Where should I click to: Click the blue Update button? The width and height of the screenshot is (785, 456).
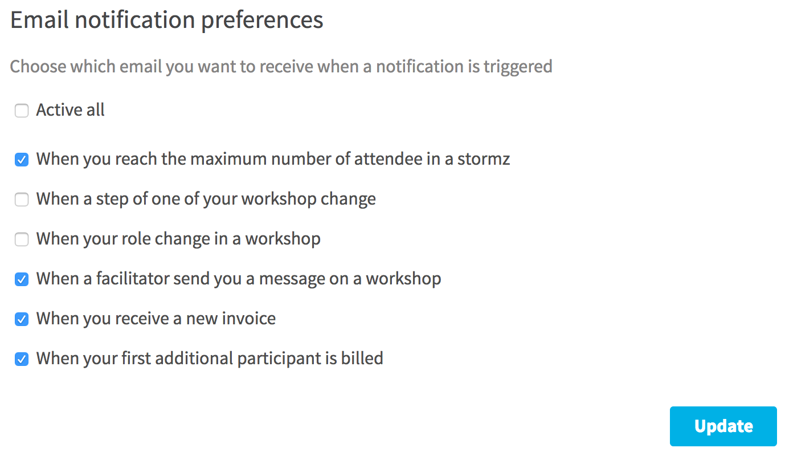point(723,426)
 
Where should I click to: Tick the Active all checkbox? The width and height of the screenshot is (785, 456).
point(22,111)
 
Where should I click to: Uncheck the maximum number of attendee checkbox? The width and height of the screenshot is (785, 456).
point(22,160)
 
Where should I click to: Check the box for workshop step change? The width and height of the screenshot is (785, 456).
point(22,199)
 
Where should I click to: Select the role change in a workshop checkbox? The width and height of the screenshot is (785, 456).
point(22,239)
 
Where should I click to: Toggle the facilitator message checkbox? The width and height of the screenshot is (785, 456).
point(22,279)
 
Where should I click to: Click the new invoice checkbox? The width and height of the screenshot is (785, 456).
point(22,319)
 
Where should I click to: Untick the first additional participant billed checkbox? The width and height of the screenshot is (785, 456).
point(22,359)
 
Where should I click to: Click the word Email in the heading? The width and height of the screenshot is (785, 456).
point(39,19)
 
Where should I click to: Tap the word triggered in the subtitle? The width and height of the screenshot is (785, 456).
point(518,67)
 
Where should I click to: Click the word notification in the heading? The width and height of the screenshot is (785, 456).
point(135,19)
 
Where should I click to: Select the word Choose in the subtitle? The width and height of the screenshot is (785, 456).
point(38,66)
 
